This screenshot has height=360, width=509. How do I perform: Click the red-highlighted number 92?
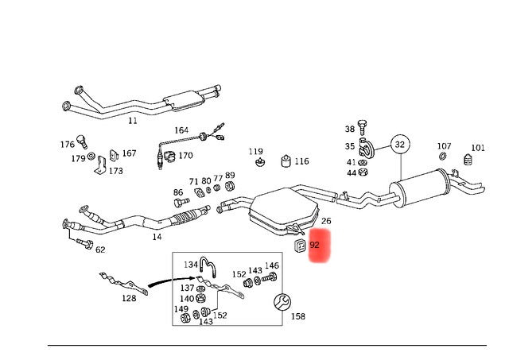click(x=315, y=246)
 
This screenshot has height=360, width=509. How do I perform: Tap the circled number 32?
click(x=400, y=145)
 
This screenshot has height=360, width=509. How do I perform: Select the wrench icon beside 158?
click(x=279, y=302)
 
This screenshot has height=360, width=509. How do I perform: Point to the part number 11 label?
click(x=133, y=120)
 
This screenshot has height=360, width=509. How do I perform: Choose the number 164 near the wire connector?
click(x=182, y=130)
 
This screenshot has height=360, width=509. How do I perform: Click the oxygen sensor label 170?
click(x=185, y=156)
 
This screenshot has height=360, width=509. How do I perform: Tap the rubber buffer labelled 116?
click(x=284, y=161)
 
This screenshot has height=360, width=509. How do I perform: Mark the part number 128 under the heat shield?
click(x=129, y=298)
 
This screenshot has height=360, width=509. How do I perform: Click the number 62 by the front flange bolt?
click(x=99, y=250)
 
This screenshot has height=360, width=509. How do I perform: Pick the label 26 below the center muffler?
click(x=326, y=221)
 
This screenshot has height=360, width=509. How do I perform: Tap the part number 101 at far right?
click(x=477, y=147)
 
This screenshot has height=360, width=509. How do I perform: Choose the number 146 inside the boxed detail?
click(x=272, y=265)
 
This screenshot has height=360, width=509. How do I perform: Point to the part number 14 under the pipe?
click(x=157, y=237)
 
